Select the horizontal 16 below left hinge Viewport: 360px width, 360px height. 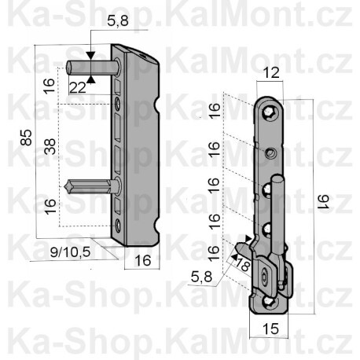141,262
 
